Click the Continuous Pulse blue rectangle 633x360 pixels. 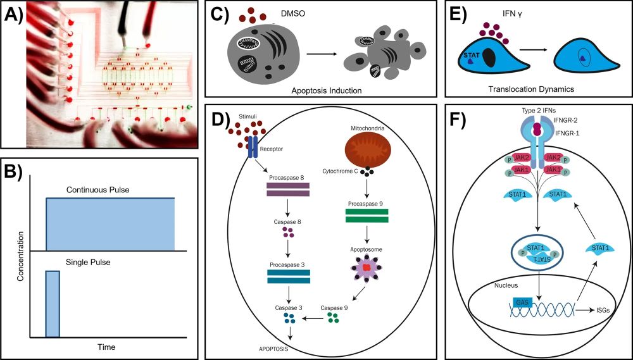pyautogui.click(x=110, y=224)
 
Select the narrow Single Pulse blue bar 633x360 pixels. pyautogui.click(x=53, y=304)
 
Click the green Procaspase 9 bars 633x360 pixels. pyautogui.click(x=367, y=214)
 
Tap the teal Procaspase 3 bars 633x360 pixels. pyautogui.click(x=289, y=276)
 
